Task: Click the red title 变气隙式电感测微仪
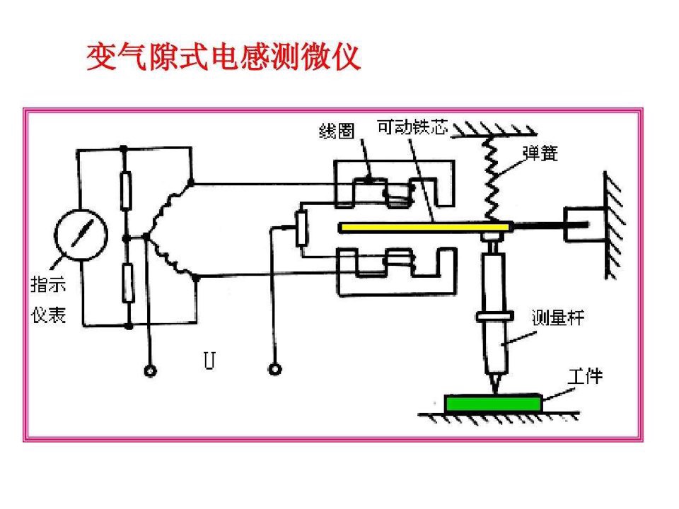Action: point(224,57)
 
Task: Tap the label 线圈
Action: point(337,131)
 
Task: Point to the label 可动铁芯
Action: point(412,127)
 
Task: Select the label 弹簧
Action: point(540,153)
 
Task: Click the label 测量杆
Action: point(558,318)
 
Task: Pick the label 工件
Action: point(585,376)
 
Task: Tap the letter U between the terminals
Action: point(209,360)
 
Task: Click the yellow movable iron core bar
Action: point(425,227)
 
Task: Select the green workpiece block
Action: point(493,404)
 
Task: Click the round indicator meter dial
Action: point(81,235)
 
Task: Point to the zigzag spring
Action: point(491,179)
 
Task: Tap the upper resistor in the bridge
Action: point(126,190)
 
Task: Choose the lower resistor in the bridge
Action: point(128,283)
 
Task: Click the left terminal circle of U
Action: point(150,371)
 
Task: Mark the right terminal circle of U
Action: point(275,370)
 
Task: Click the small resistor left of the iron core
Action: point(301,228)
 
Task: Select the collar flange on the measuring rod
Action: point(495,317)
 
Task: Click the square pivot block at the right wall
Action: point(584,224)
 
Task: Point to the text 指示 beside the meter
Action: point(48,285)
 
